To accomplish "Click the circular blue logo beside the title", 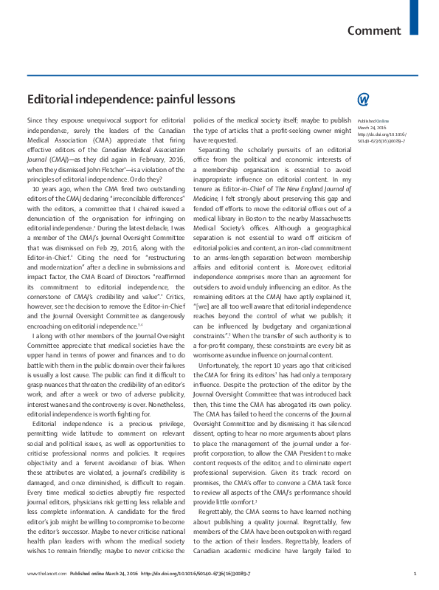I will [x=362, y=99].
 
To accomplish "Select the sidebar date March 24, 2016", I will [x=370, y=126].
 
